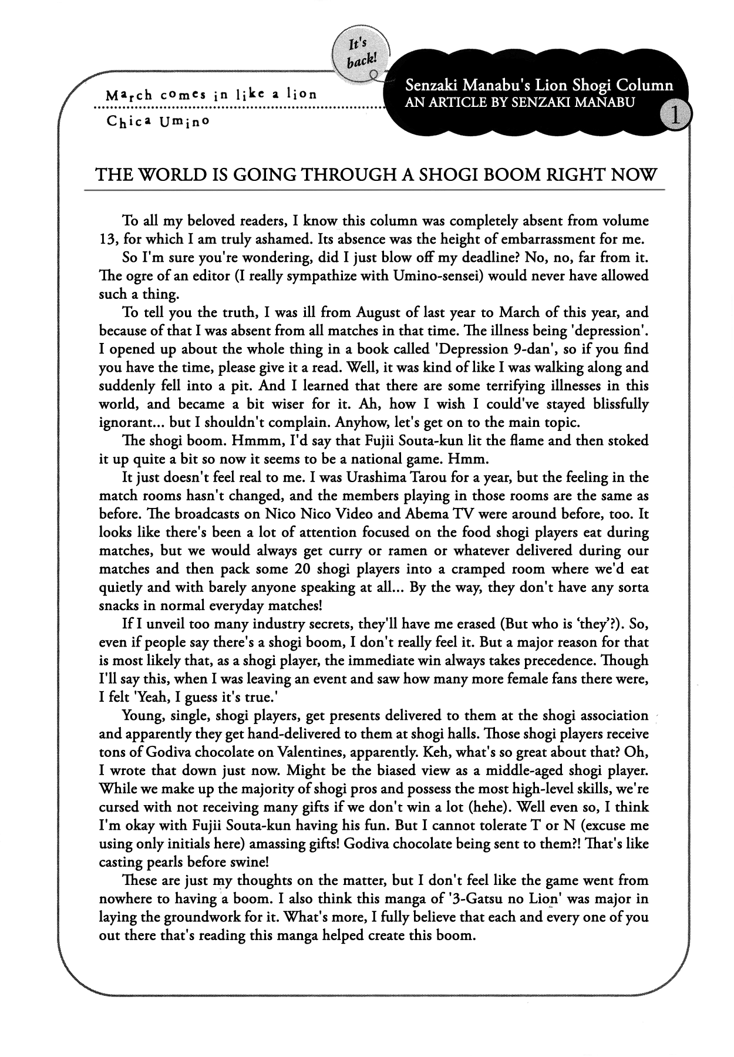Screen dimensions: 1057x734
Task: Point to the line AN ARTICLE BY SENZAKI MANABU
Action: click(520, 102)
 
